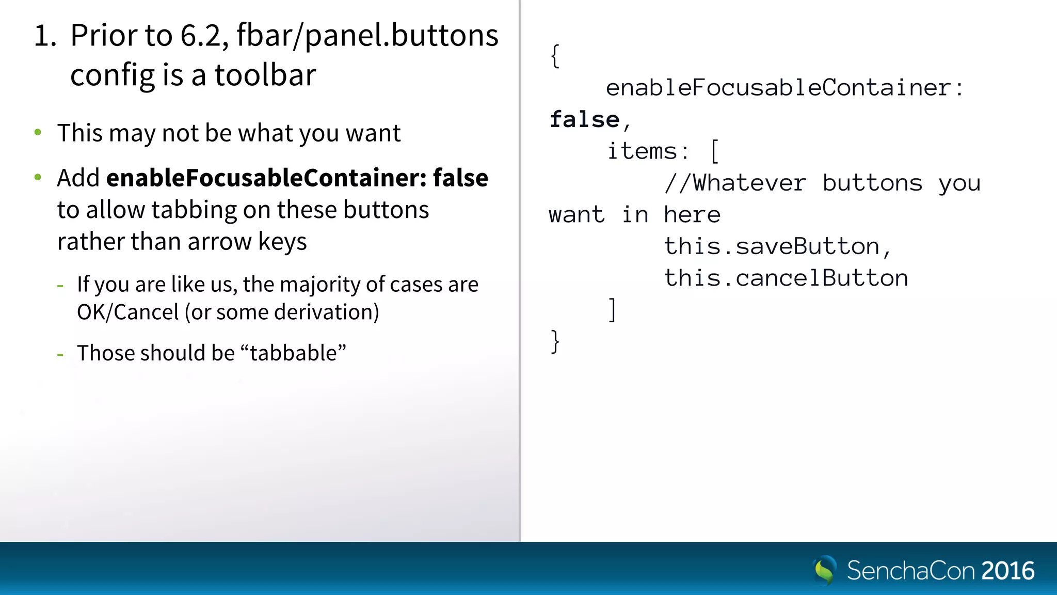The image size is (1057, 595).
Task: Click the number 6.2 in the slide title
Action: pyautogui.click(x=201, y=36)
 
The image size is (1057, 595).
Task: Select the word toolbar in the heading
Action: pyautogui.click(x=265, y=75)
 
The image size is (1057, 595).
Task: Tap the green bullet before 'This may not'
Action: pyautogui.click(x=38, y=133)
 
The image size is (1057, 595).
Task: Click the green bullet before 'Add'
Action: pyautogui.click(x=38, y=178)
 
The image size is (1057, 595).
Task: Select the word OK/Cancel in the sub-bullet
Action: pyautogui.click(x=127, y=312)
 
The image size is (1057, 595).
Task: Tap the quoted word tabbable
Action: pyautogui.click(x=293, y=353)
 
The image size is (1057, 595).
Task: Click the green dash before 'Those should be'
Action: pyautogui.click(x=60, y=354)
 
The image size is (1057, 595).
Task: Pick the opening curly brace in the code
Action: pyautogui.click(x=555, y=56)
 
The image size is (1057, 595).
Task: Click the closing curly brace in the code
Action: pyautogui.click(x=555, y=342)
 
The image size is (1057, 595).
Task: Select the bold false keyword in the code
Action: pyautogui.click(x=584, y=120)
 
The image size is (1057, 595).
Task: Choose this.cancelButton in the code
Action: pyautogui.click(x=786, y=278)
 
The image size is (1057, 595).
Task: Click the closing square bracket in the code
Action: pyautogui.click(x=612, y=310)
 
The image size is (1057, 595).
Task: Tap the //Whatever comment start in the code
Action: pyautogui.click(x=735, y=183)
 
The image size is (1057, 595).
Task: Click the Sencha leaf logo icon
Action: pyautogui.click(x=824, y=570)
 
